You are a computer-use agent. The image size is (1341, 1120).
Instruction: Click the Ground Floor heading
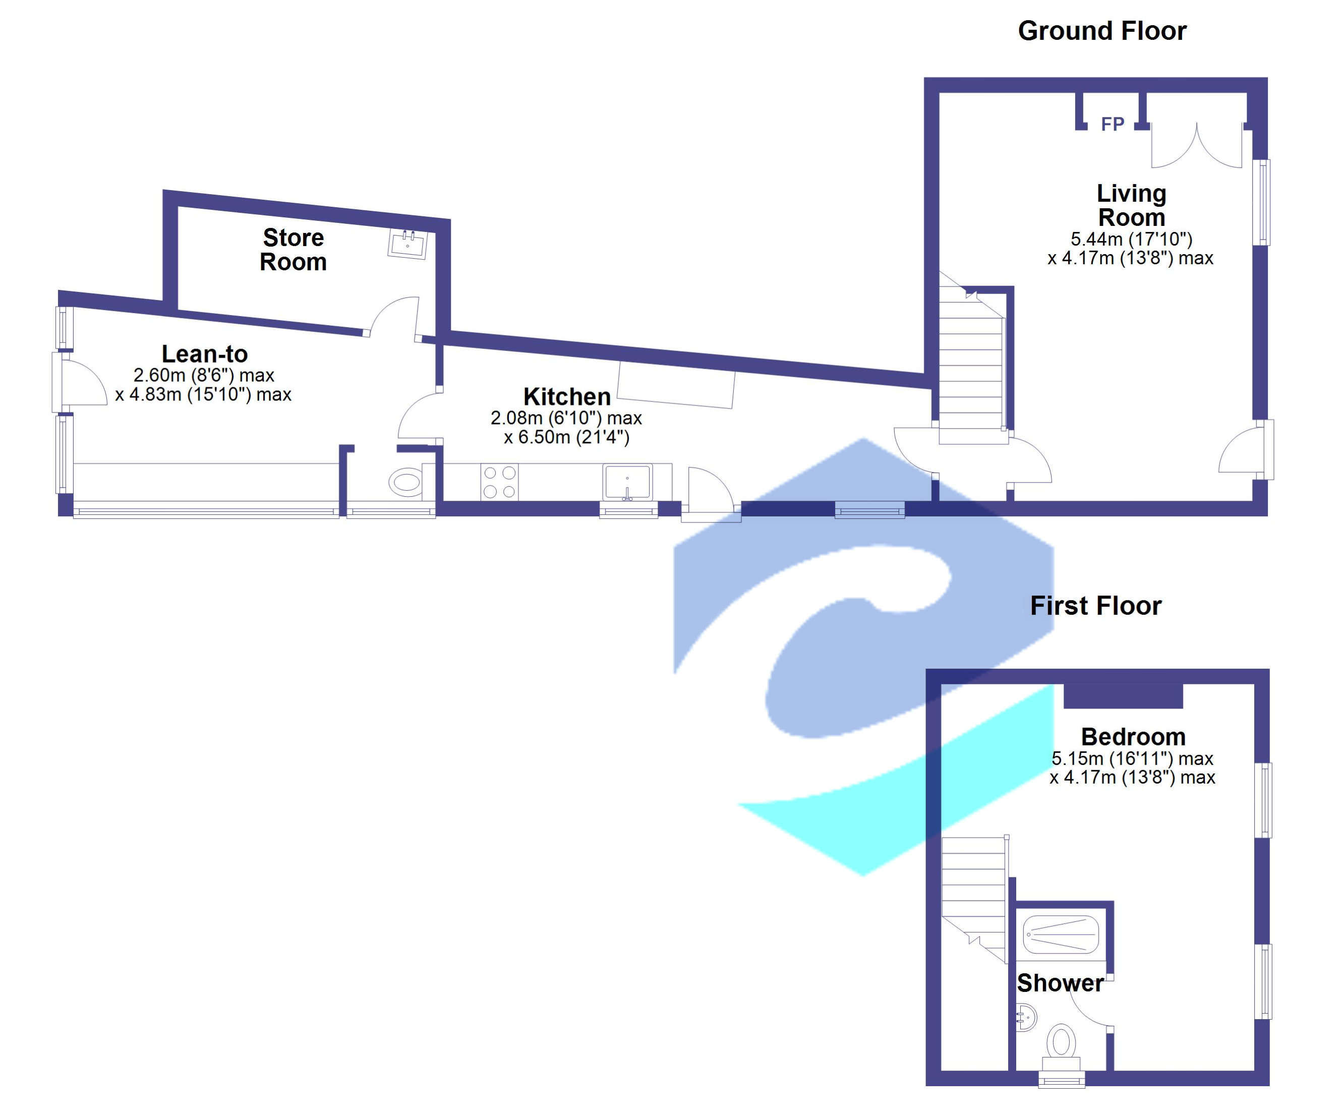point(1101,31)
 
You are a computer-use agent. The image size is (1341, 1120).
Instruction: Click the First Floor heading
point(1096,605)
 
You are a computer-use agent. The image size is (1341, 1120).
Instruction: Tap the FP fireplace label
point(1113,124)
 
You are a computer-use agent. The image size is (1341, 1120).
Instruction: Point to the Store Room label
point(293,250)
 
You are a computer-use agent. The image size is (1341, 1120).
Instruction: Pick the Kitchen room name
point(567,396)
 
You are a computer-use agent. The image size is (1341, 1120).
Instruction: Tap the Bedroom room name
point(1133,737)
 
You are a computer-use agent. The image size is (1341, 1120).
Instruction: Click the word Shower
point(1060,983)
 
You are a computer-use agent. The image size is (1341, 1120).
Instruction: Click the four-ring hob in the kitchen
point(499,482)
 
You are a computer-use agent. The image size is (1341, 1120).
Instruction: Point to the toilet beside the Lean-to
point(405,482)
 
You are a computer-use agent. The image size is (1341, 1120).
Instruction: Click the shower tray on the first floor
point(1061,935)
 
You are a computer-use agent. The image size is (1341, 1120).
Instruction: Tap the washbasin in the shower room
point(1025,1017)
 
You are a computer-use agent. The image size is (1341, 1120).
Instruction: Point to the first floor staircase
point(974,894)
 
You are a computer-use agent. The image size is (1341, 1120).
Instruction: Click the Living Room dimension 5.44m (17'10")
point(1131,239)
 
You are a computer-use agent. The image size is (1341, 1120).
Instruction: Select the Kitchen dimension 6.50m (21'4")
point(566,437)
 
